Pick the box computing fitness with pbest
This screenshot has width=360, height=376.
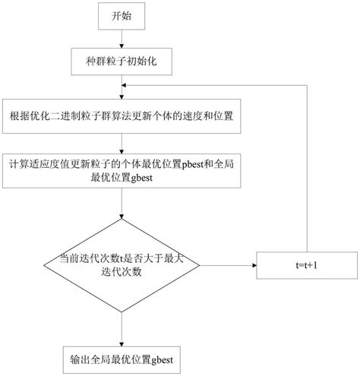[122, 170]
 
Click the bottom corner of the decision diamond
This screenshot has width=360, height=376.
[122, 314]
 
